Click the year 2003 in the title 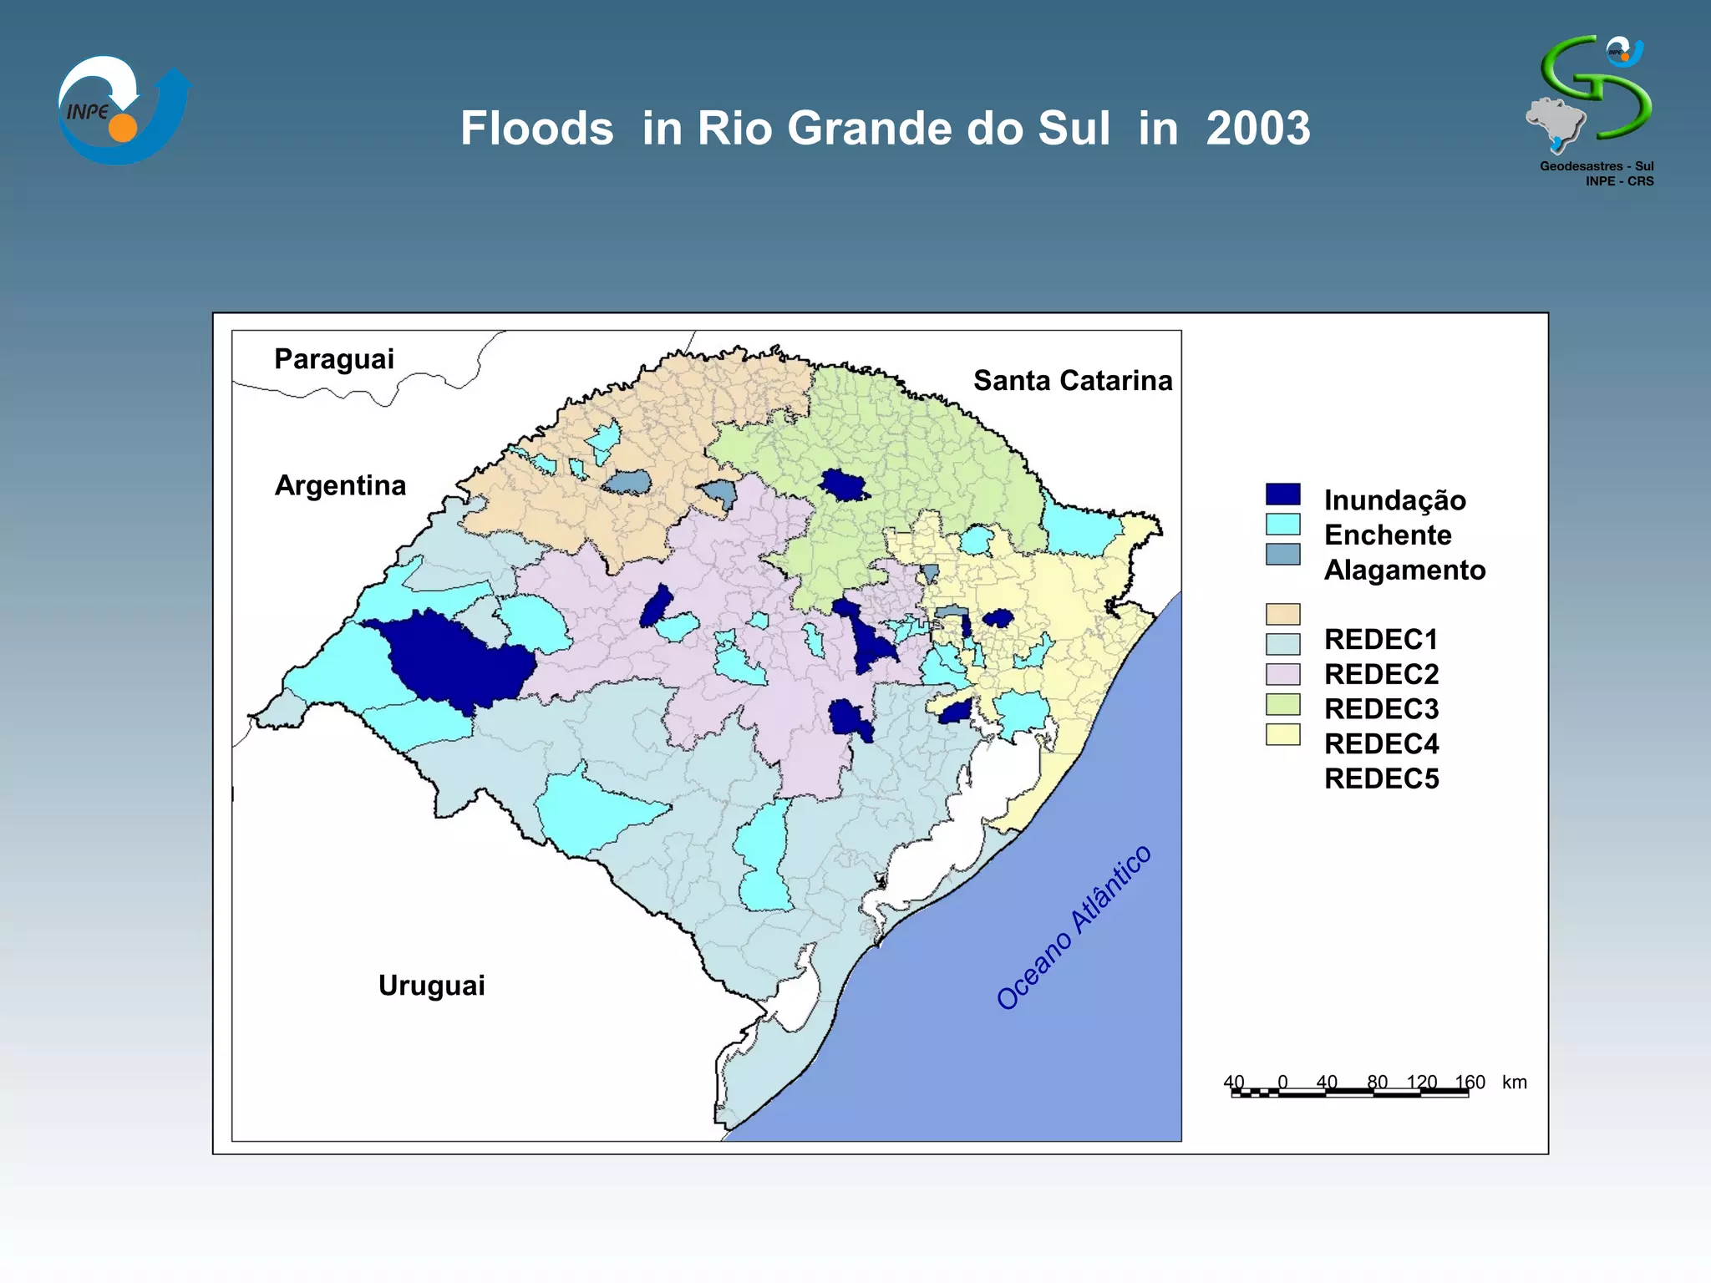point(1257,129)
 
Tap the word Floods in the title point(537,129)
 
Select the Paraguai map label point(333,359)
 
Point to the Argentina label point(340,485)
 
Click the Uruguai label point(431,986)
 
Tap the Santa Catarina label point(1073,381)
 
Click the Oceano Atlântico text point(1074,928)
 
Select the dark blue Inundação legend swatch point(1282,494)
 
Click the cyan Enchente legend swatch point(1282,525)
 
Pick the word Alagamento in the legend point(1404,570)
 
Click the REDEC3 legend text point(1381,709)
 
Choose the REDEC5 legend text point(1381,778)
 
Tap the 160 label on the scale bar point(1470,1083)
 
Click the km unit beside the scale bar point(1514,1083)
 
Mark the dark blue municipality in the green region point(842,485)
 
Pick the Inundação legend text point(1394,500)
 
